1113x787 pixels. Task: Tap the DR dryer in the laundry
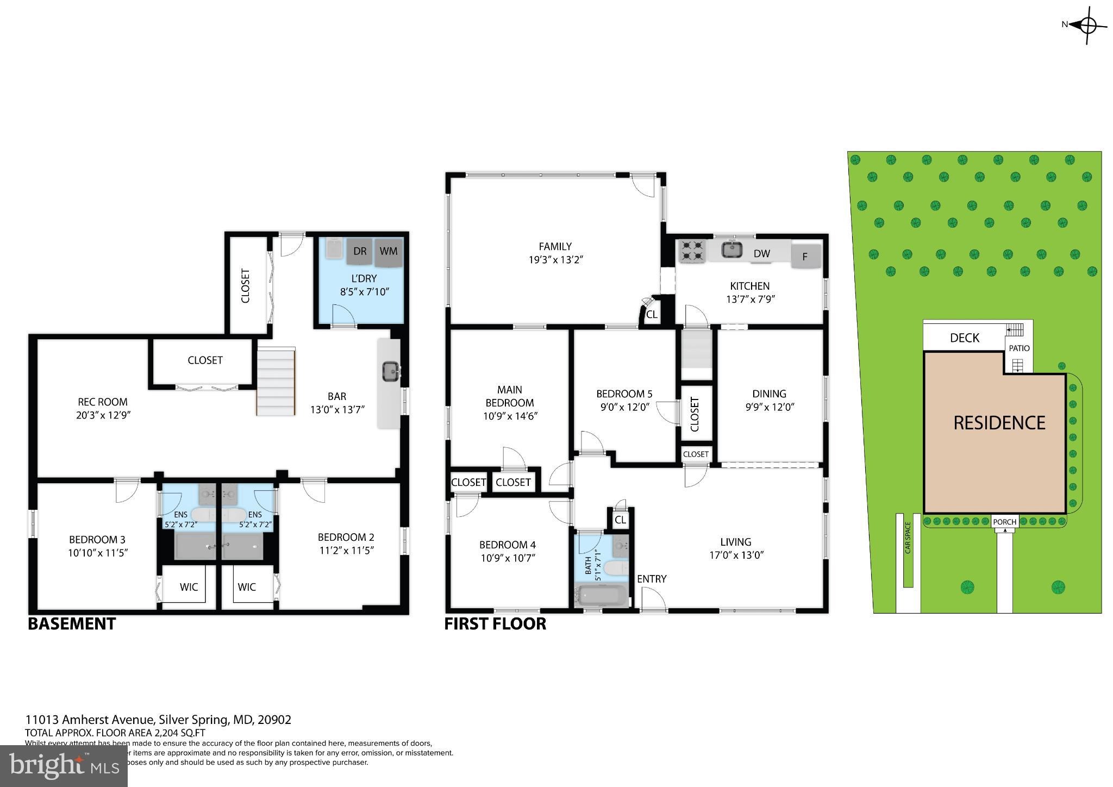coord(359,251)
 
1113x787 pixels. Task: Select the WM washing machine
coord(388,252)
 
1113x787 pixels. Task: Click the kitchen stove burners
coord(691,251)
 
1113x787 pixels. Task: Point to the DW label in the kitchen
coord(761,254)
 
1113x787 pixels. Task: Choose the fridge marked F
coord(805,257)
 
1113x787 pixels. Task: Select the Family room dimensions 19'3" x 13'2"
coord(555,260)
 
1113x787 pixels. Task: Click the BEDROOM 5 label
coord(624,394)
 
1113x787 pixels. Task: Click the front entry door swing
coord(653,600)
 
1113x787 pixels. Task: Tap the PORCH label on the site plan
coord(1004,522)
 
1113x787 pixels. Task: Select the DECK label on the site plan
coord(964,338)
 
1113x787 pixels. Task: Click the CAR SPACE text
coord(908,538)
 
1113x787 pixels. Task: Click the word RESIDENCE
coord(999,423)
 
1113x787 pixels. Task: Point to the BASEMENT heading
coord(72,624)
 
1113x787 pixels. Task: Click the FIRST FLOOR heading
coord(495,624)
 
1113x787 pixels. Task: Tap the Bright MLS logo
coord(64,766)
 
